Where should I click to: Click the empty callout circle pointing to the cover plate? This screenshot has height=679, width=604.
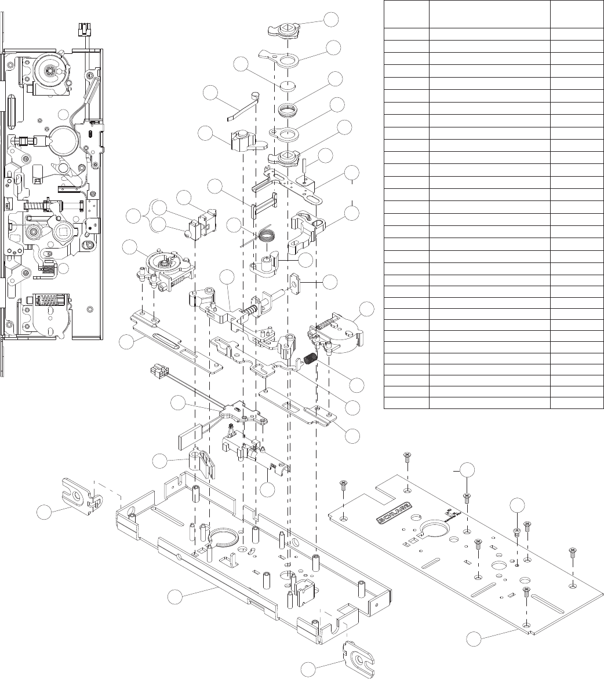476,639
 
